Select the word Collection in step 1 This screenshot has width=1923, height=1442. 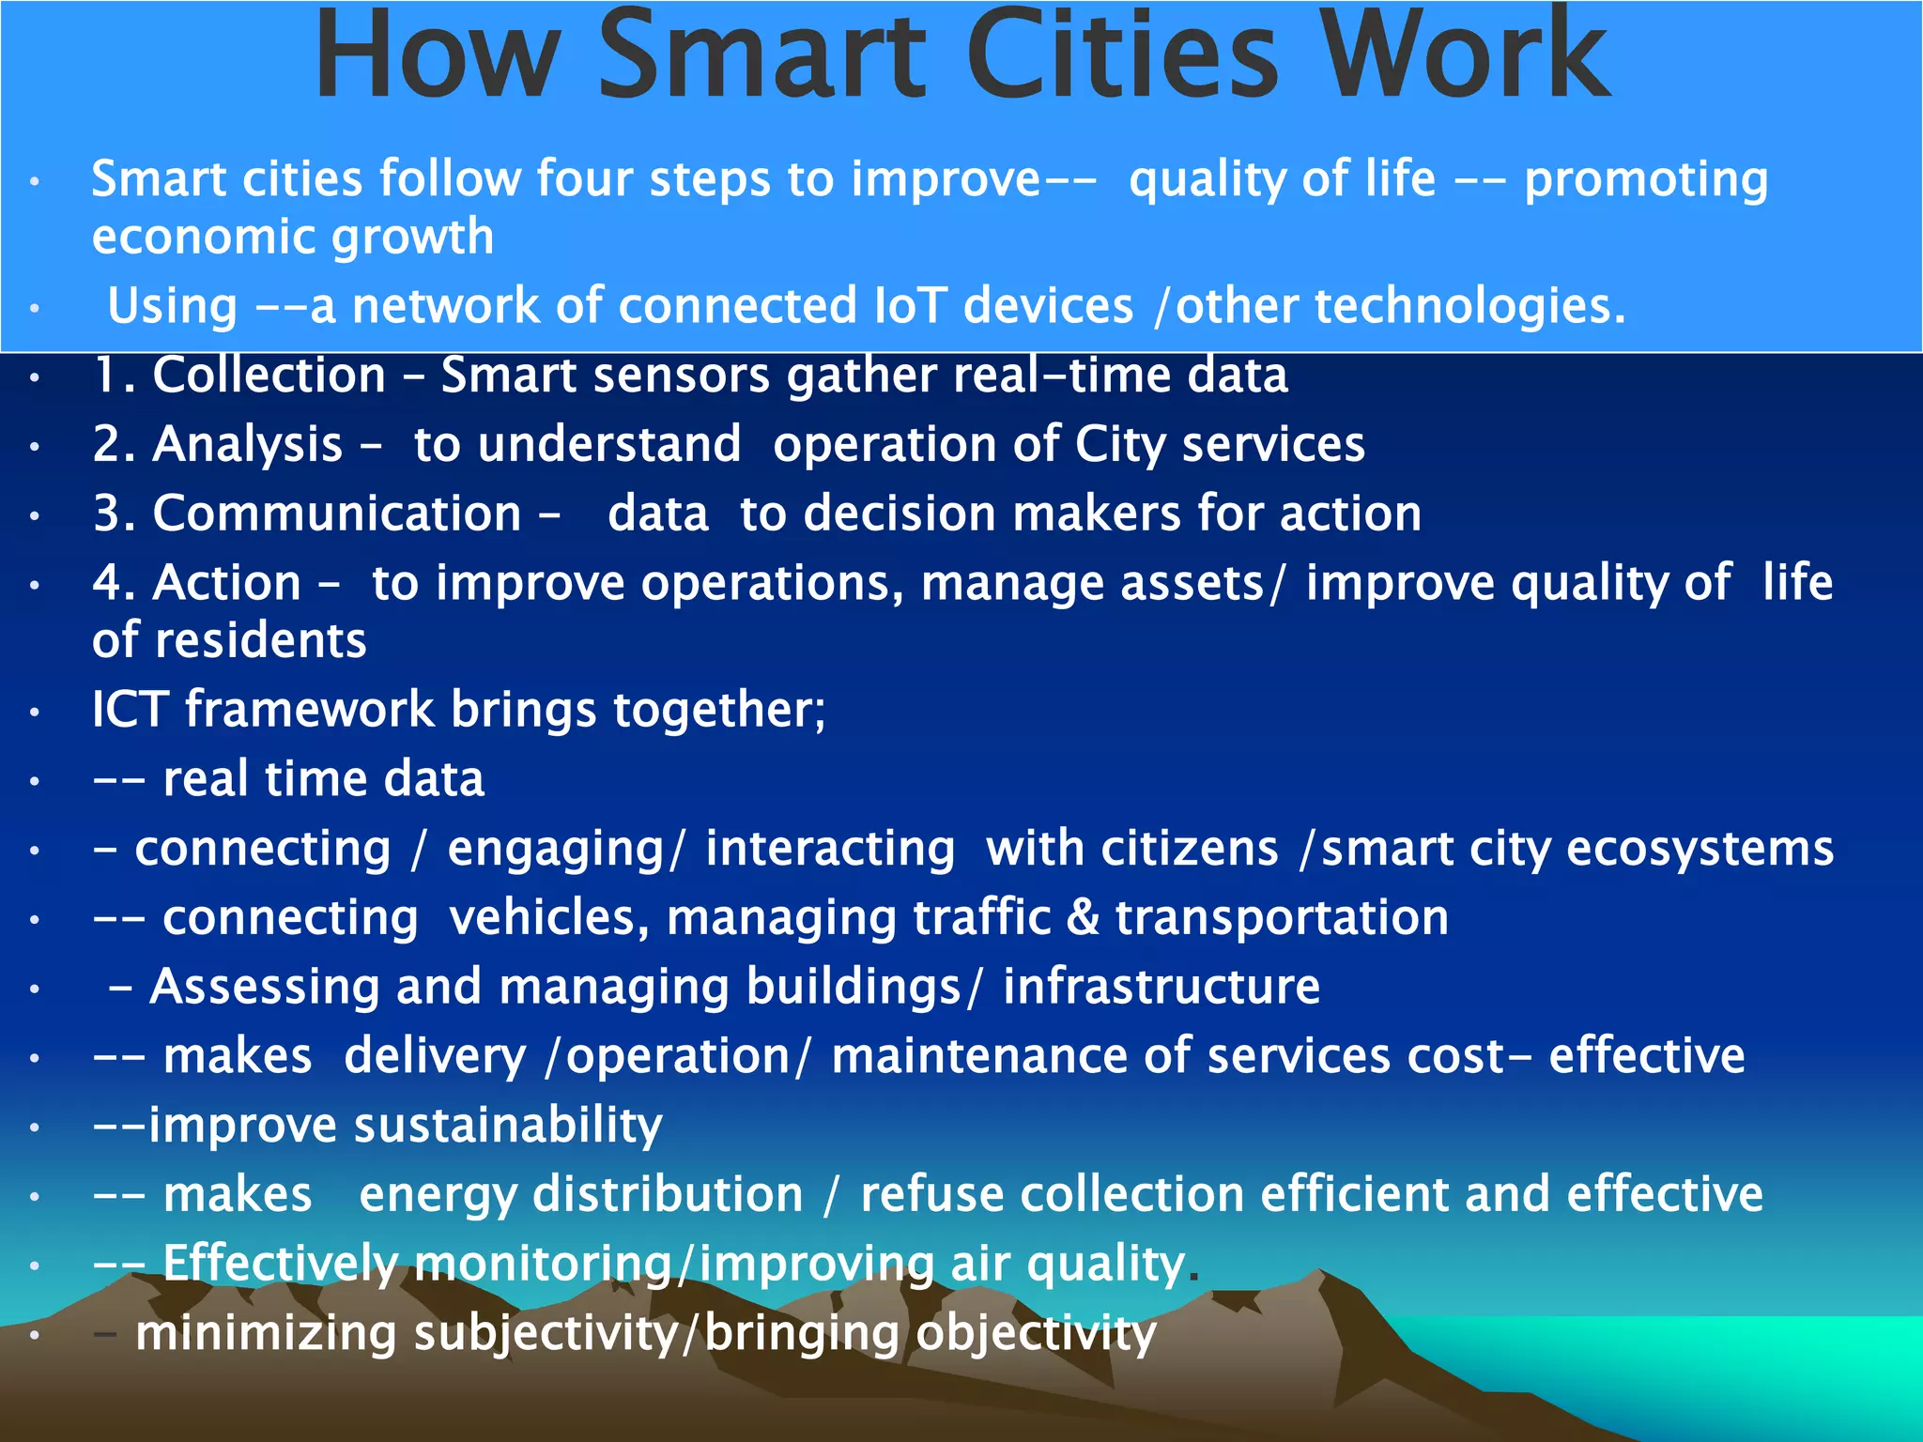coord(269,376)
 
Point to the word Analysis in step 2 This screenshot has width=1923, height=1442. coord(248,445)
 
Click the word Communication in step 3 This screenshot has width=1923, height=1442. coord(336,514)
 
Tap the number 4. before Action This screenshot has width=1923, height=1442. coord(114,583)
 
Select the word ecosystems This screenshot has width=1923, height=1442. coord(1700,849)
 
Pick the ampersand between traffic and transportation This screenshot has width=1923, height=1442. coord(1083,918)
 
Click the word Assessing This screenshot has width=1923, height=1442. coord(264,988)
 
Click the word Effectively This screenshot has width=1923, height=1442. coord(280,1264)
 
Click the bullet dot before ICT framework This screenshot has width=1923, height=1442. coord(35,713)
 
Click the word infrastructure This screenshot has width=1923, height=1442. coord(1161,988)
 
